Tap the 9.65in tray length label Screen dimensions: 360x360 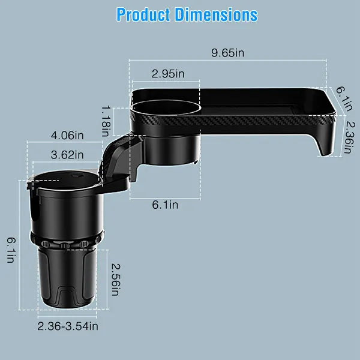pyautogui.click(x=227, y=53)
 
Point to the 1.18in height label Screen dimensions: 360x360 pyautogui.click(x=107, y=119)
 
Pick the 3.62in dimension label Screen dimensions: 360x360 pyautogui.click(x=67, y=155)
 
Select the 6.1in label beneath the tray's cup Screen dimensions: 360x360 pyautogui.click(x=164, y=205)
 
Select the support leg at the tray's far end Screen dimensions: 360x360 pyautogui.click(x=329, y=142)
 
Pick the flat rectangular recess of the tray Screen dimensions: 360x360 pyautogui.click(x=264, y=102)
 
